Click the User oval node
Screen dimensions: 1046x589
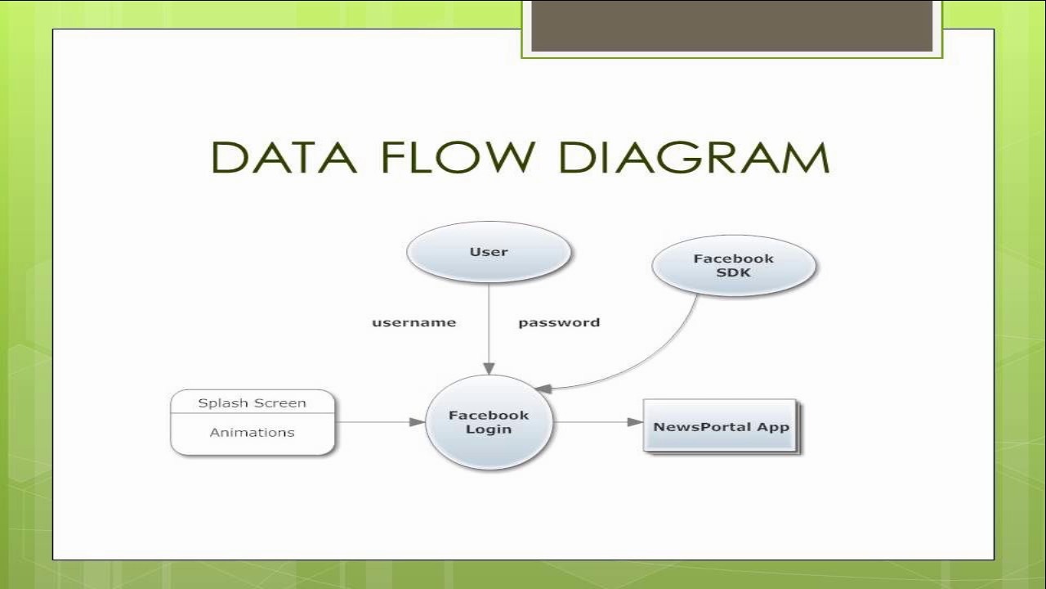point(489,252)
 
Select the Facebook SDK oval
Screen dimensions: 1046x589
point(734,266)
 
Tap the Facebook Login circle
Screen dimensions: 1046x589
point(489,422)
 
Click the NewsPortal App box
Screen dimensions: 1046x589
point(721,425)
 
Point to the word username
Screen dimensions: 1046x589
point(413,322)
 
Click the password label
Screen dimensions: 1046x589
point(559,323)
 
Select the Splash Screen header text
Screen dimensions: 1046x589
point(253,403)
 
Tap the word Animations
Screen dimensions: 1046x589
point(253,433)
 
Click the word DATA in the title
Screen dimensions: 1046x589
point(284,158)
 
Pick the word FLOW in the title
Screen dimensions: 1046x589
point(458,158)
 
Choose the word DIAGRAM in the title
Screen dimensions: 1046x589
point(694,158)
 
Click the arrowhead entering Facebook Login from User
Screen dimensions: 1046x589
point(489,368)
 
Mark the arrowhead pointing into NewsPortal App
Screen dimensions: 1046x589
point(635,422)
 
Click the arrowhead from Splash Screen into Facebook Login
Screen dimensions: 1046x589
point(418,422)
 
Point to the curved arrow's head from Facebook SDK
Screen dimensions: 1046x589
point(543,388)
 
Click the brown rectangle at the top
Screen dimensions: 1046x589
point(731,25)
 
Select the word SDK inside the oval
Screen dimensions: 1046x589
point(734,272)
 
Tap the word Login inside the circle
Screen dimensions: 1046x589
point(489,429)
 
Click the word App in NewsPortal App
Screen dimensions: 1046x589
point(773,427)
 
